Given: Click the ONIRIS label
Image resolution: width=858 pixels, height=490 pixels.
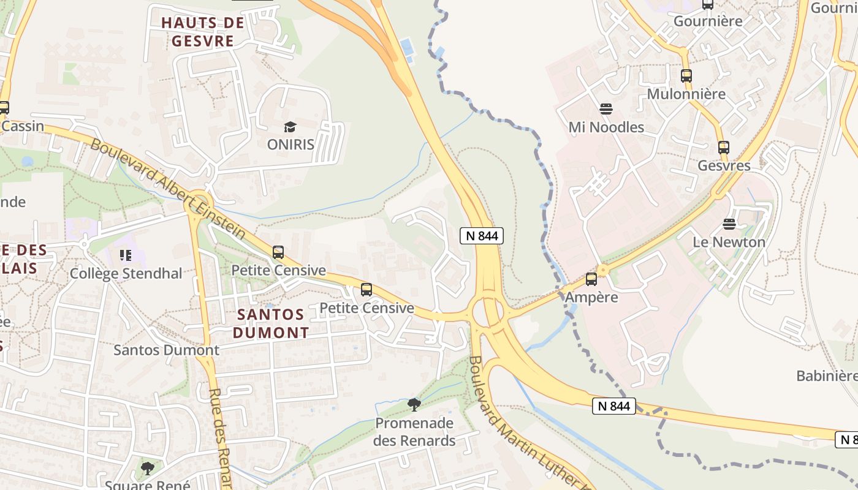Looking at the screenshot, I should coord(290,145).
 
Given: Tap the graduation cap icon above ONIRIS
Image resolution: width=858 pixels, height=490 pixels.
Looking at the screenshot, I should coord(290,127).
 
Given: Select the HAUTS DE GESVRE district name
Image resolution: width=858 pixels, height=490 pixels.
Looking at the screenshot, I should coord(203,32).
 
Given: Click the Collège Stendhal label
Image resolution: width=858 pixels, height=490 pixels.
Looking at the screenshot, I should coord(126,273).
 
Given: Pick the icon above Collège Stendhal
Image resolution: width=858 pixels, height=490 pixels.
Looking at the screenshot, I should coord(126,255).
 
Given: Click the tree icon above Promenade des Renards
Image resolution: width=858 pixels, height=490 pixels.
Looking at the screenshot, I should coord(414,404).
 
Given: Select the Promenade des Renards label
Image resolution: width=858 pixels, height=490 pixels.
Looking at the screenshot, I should coord(415,432).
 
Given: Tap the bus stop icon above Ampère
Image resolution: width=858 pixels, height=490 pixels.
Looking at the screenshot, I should coord(591,279).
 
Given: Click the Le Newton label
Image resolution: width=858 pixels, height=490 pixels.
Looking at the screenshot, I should coord(729,242).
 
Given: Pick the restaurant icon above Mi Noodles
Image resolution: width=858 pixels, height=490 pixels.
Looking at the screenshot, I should coord(606,109).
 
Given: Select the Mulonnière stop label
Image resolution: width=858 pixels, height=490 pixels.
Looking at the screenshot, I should coord(686,94).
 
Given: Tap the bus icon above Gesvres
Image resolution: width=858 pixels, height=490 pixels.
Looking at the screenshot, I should coord(724,147).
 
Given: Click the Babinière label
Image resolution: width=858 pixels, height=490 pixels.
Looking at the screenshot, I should coord(826,375).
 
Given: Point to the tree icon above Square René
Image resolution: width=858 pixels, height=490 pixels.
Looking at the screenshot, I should coord(147,469).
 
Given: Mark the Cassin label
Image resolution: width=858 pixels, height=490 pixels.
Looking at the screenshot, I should coord(23,126).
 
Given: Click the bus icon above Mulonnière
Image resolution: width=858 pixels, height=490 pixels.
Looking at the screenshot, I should coord(686,76).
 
